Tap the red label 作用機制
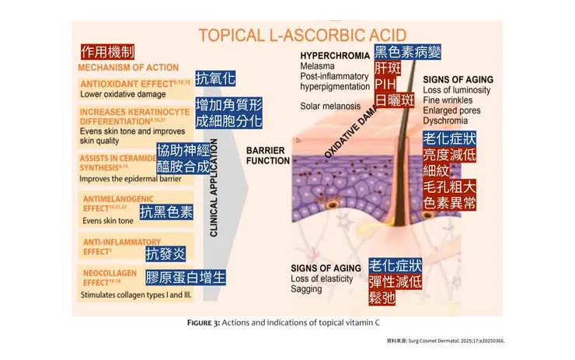(x=108, y=52)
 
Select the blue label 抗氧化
(x=214, y=79)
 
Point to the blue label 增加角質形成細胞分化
(x=228, y=113)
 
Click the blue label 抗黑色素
(x=166, y=212)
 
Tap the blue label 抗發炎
(x=166, y=253)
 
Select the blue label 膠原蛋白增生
(x=186, y=278)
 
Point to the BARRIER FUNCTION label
(x=268, y=155)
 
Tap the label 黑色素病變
(x=407, y=52)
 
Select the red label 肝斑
(x=389, y=68)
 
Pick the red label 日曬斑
(x=395, y=100)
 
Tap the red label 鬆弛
(x=383, y=296)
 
